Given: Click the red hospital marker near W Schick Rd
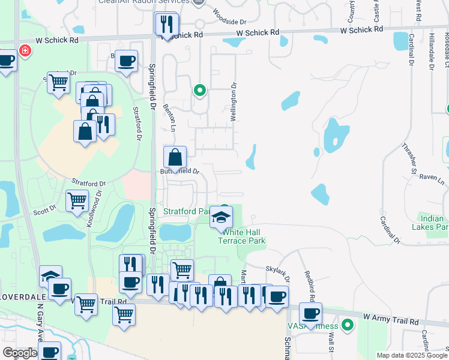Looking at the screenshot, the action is [x=25, y=50].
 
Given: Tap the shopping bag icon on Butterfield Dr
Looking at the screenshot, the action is [x=175, y=158].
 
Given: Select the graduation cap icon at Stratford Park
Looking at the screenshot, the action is [x=221, y=218].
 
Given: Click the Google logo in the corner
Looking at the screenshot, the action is [x=20, y=353].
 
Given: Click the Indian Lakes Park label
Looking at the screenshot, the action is [x=430, y=223].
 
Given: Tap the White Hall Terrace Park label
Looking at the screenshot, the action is [x=240, y=236].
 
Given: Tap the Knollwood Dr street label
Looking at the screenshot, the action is [x=95, y=205].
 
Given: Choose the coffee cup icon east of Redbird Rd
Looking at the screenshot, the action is [x=311, y=314].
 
